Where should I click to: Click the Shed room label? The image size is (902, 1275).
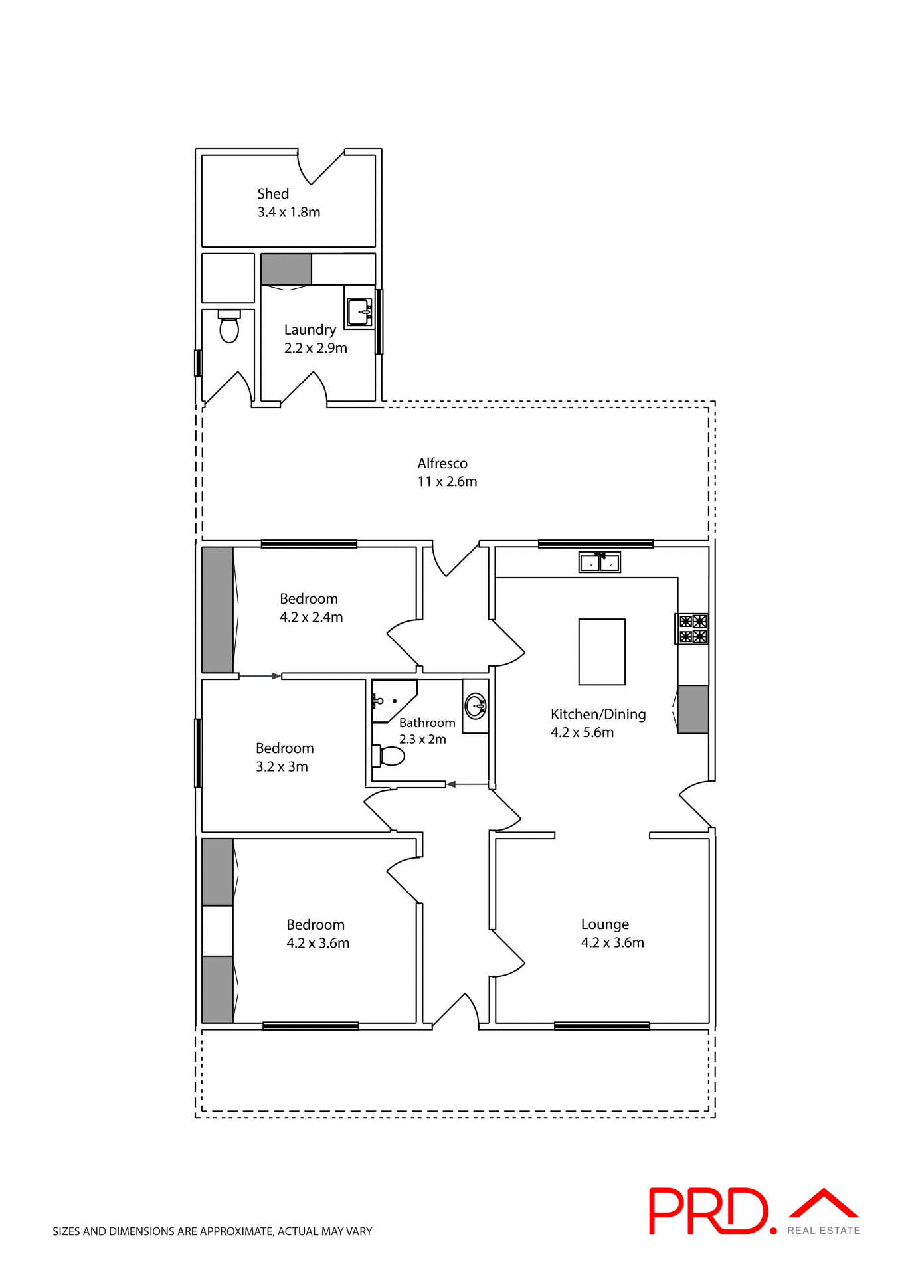[x=273, y=194]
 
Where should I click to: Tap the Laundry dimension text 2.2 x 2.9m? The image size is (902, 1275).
[x=316, y=348]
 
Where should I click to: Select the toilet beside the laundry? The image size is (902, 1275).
[x=229, y=327]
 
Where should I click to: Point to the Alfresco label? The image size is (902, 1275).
[x=442, y=464]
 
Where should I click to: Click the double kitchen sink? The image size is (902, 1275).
[x=599, y=563]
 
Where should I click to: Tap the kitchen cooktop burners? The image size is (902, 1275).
[x=693, y=629]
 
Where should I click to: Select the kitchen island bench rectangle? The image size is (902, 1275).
[x=602, y=651]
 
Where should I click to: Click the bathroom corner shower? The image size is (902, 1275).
[x=391, y=700]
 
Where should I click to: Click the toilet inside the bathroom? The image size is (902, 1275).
[x=390, y=756]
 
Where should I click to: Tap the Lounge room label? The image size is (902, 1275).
[x=604, y=924]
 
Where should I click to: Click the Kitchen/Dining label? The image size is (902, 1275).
[x=598, y=715]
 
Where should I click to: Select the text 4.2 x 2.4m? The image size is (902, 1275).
[x=312, y=617]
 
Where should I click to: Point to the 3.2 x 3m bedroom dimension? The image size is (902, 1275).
[x=282, y=766]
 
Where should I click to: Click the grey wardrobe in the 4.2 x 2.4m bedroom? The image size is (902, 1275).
[x=217, y=610]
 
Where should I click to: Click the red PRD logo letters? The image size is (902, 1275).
[x=708, y=1212]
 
